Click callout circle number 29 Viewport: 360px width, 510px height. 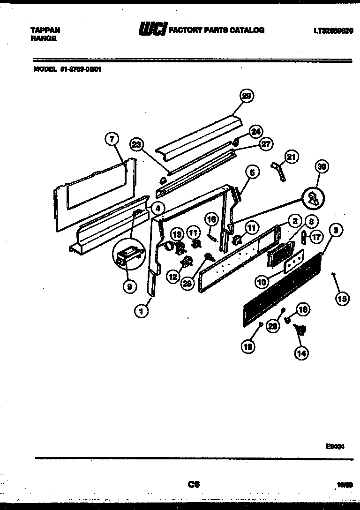tap(247, 96)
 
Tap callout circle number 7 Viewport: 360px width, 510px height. tap(112, 139)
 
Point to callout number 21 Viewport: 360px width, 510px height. tap(292, 158)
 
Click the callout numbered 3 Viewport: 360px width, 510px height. tap(336, 230)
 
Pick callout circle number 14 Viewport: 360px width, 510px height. tap(302, 353)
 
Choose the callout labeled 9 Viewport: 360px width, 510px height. tap(129, 286)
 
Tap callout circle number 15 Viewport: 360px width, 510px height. tap(343, 298)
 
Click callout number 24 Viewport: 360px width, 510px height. tap(255, 132)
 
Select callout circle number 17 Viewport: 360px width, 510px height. tap(316, 237)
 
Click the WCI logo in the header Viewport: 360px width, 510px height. tap(152, 30)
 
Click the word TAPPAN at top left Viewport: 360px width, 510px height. tap(45, 30)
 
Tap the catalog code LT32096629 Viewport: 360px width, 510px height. tap(333, 30)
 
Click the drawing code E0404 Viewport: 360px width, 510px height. tap(335, 446)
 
